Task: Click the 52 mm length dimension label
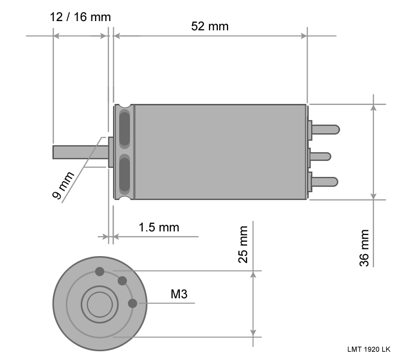[x=210, y=26]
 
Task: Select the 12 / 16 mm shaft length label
[x=80, y=17]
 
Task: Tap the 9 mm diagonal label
[x=63, y=185]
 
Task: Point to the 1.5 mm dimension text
[x=159, y=227]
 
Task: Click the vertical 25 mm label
[x=243, y=244]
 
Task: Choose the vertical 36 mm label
[x=364, y=248]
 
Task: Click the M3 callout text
[x=179, y=294]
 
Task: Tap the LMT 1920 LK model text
[x=369, y=350]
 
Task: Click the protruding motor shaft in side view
[x=81, y=152]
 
